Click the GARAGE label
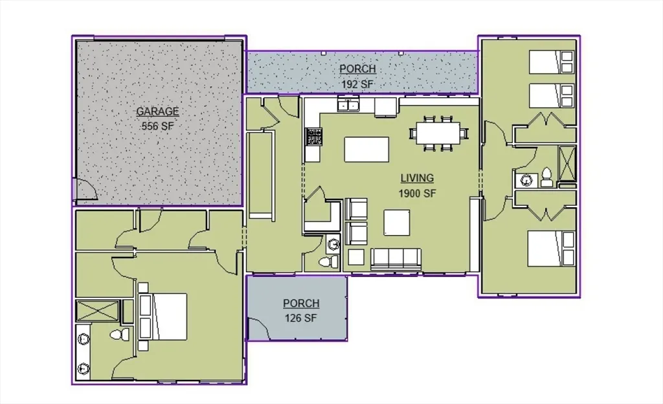(157, 111)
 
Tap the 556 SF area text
(157, 126)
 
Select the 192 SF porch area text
(357, 84)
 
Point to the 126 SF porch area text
(300, 318)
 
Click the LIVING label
(417, 178)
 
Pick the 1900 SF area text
(417, 193)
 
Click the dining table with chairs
(438, 133)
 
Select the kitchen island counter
(366, 150)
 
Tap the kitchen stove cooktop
(314, 137)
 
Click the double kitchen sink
(348, 104)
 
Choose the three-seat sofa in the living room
(396, 258)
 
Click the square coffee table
(397, 223)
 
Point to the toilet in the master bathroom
(120, 335)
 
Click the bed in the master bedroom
(163, 317)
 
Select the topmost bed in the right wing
(552, 62)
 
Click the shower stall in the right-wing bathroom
(567, 163)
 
